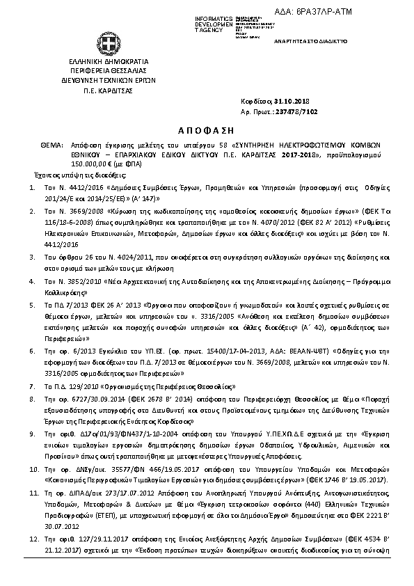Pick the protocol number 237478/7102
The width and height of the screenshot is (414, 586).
click(x=298, y=111)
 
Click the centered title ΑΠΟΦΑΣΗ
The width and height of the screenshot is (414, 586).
click(x=207, y=129)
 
